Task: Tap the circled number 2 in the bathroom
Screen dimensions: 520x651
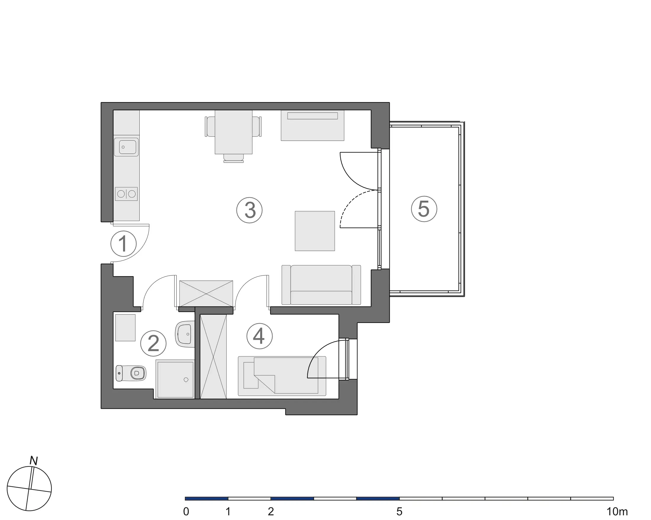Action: tap(153, 343)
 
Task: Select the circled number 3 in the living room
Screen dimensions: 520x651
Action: tap(249, 210)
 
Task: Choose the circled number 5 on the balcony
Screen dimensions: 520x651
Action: tap(424, 209)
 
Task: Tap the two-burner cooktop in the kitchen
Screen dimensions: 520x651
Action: tap(127, 194)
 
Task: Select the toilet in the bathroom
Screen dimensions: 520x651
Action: tap(131, 373)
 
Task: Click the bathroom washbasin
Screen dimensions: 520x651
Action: tap(184, 334)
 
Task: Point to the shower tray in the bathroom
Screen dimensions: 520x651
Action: tap(175, 379)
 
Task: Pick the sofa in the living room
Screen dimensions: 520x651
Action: tap(321, 285)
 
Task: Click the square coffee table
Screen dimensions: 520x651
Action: tap(315, 231)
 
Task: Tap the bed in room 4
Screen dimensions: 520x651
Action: tap(282, 376)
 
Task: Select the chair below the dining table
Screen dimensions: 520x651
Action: tap(233, 158)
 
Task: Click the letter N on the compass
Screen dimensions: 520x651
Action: tap(33, 461)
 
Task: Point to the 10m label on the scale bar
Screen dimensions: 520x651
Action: tap(617, 511)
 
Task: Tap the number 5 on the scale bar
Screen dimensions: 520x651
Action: tap(399, 511)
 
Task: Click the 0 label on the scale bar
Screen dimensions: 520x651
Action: tap(186, 511)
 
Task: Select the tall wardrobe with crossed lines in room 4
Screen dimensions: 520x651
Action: tap(213, 356)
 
